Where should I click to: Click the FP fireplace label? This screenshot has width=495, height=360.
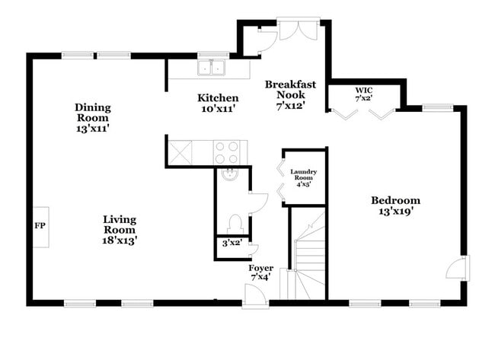[40, 227]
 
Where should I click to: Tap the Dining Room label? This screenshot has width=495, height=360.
[93, 113]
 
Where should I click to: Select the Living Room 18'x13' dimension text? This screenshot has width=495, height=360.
[120, 240]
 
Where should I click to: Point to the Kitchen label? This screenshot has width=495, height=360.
[218, 98]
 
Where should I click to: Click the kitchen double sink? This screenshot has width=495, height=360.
[211, 68]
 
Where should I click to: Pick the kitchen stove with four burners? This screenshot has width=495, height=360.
[226, 152]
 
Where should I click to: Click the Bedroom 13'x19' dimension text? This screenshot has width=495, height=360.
[395, 212]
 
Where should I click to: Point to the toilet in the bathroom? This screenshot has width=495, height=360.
[236, 223]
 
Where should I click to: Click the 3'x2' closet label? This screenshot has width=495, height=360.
[231, 244]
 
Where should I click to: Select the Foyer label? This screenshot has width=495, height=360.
[261, 268]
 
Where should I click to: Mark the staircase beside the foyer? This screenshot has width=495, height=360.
[308, 255]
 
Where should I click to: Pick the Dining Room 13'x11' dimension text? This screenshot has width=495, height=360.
[93, 129]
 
